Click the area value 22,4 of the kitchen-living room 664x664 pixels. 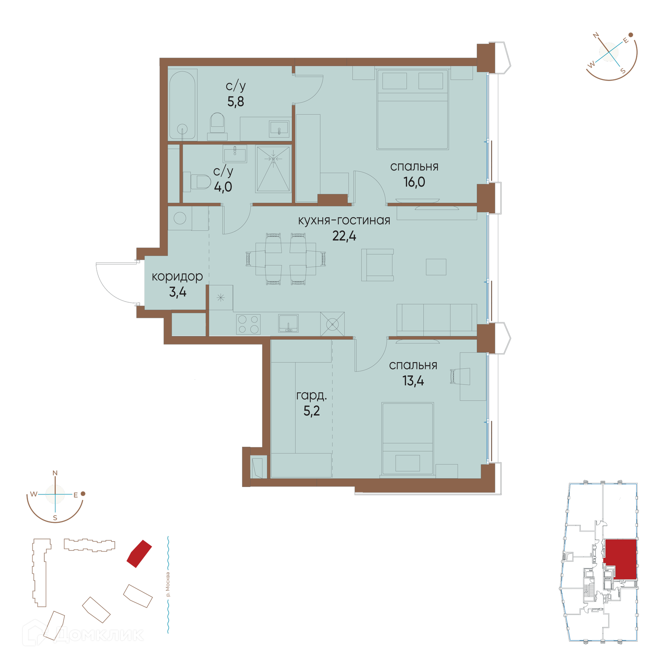pyautogui.click(x=344, y=236)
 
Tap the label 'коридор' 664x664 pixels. pyautogui.click(x=177, y=277)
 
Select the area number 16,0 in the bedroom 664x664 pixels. pyautogui.click(x=414, y=182)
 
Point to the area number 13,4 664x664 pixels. pyautogui.click(x=413, y=381)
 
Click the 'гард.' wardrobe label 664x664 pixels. pyautogui.click(x=311, y=396)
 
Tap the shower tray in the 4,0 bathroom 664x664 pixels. pyautogui.click(x=273, y=169)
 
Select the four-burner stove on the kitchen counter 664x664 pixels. pyautogui.click(x=248, y=324)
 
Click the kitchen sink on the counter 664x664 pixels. pyautogui.click(x=288, y=323)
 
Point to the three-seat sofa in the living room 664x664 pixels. pyautogui.click(x=437, y=320)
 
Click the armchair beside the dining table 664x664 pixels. pyautogui.click(x=377, y=265)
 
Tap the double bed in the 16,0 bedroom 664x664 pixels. pyautogui.click(x=413, y=109)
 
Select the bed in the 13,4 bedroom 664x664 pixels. pyautogui.click(x=408, y=439)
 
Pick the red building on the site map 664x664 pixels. pyautogui.click(x=139, y=554)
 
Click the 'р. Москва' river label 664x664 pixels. pyautogui.click(x=168, y=584)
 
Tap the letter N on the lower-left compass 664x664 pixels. pyautogui.click(x=55, y=473)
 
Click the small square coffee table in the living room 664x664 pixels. pyautogui.click(x=436, y=267)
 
